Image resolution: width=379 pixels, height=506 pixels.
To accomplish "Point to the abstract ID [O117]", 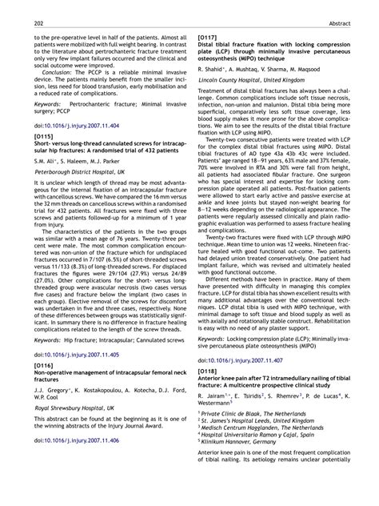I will (x=209, y=37).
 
